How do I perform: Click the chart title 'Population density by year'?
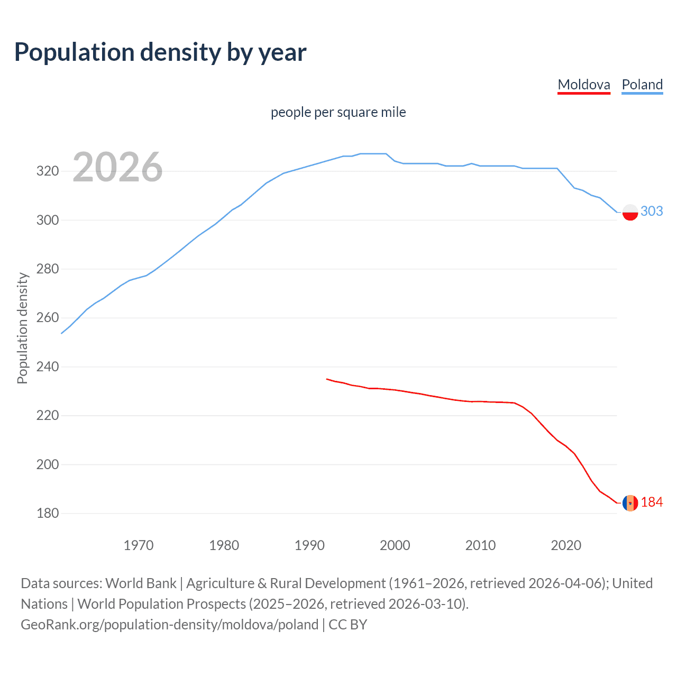160,52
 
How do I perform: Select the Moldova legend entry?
584,85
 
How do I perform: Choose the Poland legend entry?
642,85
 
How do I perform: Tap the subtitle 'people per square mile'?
338,112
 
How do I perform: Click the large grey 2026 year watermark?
117,168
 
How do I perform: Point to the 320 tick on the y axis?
47,171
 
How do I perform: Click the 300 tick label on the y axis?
47,220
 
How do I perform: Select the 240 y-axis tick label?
47,367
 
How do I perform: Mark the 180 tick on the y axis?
47,514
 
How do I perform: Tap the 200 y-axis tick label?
47,464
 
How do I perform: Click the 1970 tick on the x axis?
139,545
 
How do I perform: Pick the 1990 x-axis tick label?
309,545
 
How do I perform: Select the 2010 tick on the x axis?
480,545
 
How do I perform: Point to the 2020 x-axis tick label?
566,545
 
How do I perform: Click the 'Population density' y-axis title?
22,328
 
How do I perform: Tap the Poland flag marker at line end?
630,212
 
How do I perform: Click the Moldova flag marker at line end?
630,503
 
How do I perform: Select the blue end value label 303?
652,211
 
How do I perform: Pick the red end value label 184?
652,502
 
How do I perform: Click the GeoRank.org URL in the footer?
169,625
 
